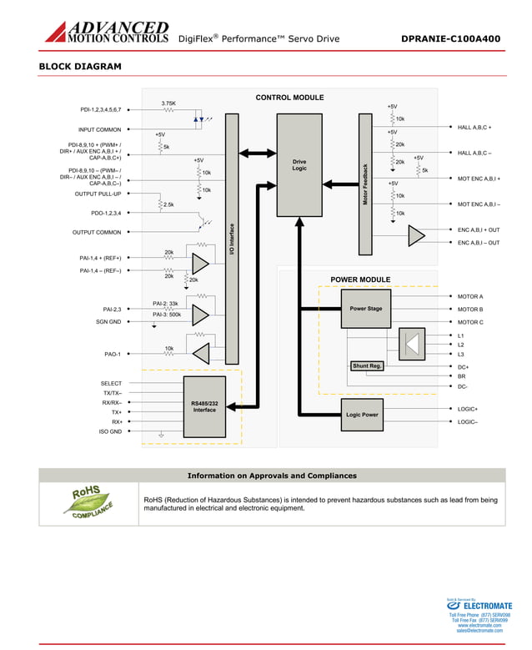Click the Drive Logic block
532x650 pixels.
pos(299,165)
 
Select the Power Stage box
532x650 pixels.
pos(365,309)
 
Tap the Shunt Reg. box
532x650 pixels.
pos(367,365)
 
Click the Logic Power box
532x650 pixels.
pos(362,415)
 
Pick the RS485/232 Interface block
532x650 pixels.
pos(204,407)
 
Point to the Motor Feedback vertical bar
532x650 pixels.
pos(365,184)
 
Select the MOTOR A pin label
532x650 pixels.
pos(470,296)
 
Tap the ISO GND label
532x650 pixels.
pos(110,431)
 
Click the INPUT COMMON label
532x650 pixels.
pos(99,129)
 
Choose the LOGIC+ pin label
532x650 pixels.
pos(468,409)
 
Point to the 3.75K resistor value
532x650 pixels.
pos(168,103)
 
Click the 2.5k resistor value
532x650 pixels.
pos(168,204)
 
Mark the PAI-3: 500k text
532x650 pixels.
pos(167,315)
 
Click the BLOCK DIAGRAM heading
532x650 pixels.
pos(80,67)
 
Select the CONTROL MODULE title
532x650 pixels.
pos(289,98)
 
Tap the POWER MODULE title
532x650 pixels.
pos(360,280)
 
